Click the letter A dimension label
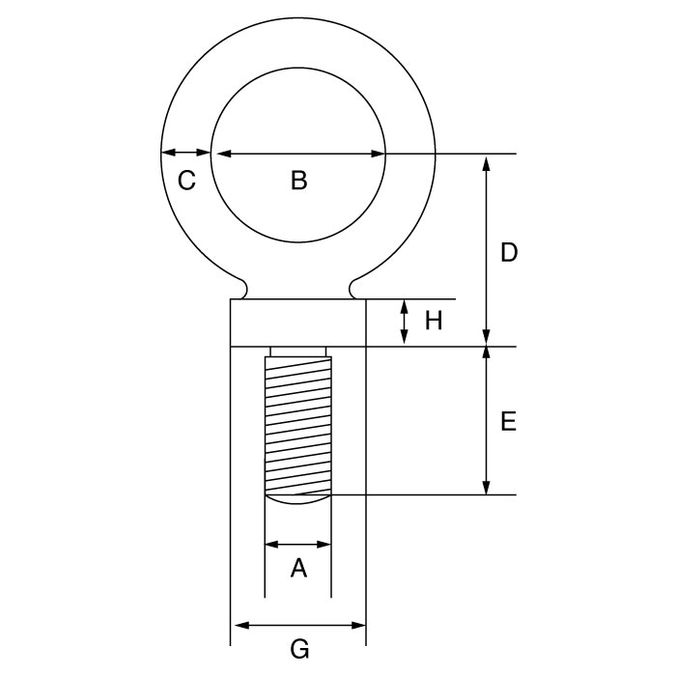click(x=298, y=568)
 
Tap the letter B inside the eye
click(x=299, y=181)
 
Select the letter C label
click(x=186, y=181)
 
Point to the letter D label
click(x=509, y=252)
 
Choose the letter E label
click(x=509, y=421)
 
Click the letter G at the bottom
click(x=299, y=649)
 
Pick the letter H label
click(x=434, y=321)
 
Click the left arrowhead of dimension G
click(x=241, y=625)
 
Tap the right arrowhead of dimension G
click(x=358, y=625)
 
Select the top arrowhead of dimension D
click(x=487, y=164)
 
